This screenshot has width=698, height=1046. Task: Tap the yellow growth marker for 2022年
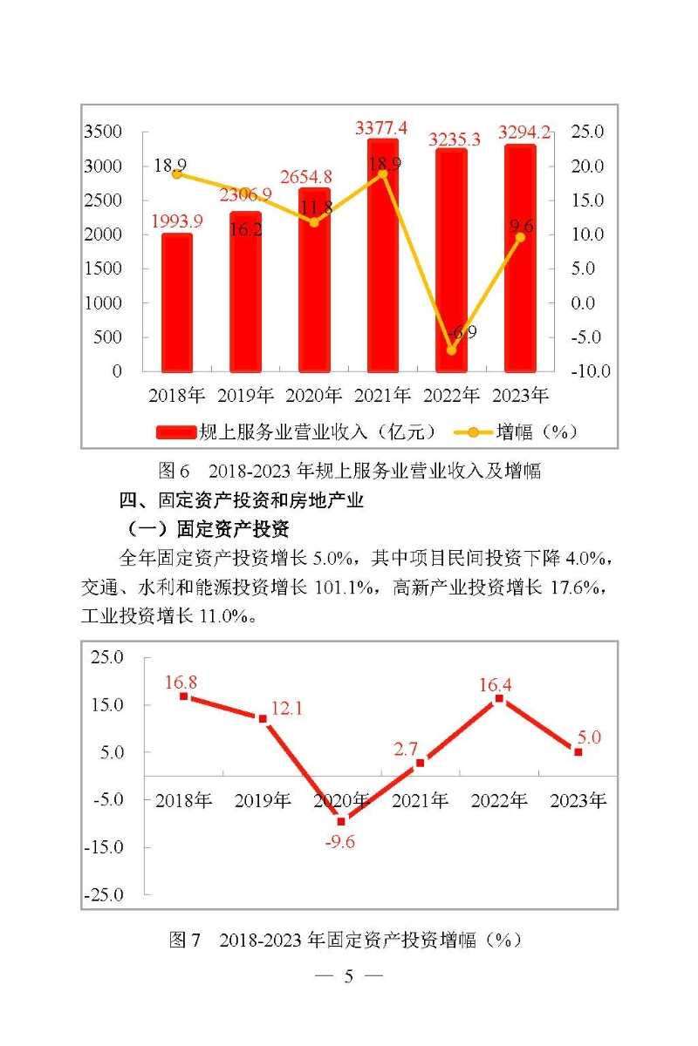[x=452, y=350]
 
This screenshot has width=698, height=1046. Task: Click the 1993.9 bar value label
[x=177, y=221]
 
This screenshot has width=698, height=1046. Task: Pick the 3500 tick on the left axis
[x=103, y=132]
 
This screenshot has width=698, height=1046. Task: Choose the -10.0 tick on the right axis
[x=590, y=371]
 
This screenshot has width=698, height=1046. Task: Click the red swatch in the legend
[x=177, y=431]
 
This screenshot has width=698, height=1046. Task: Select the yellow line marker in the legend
[x=474, y=431]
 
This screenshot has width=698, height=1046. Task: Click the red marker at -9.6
[x=341, y=821]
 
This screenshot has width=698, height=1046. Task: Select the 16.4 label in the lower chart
[x=495, y=685]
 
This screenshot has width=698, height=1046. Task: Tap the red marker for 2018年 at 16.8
[x=184, y=696]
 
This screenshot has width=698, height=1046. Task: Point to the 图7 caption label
[x=186, y=941]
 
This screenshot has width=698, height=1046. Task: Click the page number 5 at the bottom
[x=348, y=976]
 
